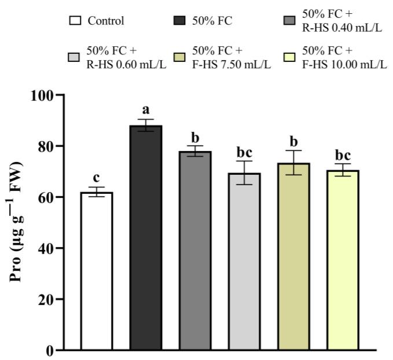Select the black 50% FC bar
point(145,238)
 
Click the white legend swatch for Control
point(74,21)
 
